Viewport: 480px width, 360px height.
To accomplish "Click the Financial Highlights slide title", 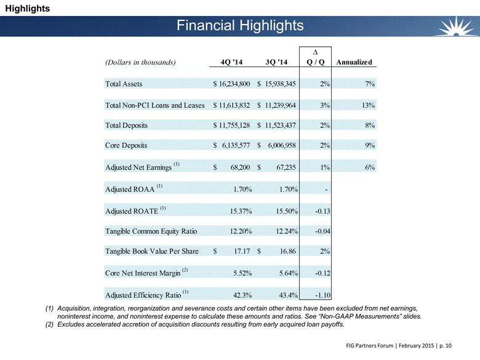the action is click(240, 25).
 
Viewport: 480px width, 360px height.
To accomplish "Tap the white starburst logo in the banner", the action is click(456, 26).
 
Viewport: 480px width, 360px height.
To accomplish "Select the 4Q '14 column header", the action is click(231, 62).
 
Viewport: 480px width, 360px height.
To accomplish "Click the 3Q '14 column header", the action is click(276, 62).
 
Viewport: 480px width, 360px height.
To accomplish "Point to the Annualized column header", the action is click(354, 62).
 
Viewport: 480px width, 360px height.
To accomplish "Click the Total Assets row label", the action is click(124, 84).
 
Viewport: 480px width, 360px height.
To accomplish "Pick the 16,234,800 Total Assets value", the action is click(234, 84).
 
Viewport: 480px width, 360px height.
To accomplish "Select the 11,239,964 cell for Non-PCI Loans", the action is click(281, 105).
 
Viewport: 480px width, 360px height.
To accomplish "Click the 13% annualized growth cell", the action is click(368, 105).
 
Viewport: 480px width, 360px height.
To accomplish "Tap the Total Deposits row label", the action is click(126, 126).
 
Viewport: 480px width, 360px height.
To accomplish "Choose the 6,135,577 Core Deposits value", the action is click(236, 145).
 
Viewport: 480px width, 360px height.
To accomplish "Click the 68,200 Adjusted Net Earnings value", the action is click(240, 167).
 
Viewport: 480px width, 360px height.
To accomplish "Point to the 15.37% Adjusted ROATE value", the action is click(241, 211).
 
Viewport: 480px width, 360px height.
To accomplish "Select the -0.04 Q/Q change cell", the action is click(322, 231).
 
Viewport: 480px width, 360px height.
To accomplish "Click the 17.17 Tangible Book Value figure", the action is click(242, 251).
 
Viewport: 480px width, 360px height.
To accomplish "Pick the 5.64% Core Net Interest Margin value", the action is click(289, 273).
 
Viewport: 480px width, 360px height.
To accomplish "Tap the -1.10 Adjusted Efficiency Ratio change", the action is click(322, 295).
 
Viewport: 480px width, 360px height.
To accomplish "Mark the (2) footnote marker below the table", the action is click(49, 324).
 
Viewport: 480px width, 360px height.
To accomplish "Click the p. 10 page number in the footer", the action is click(446, 346).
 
